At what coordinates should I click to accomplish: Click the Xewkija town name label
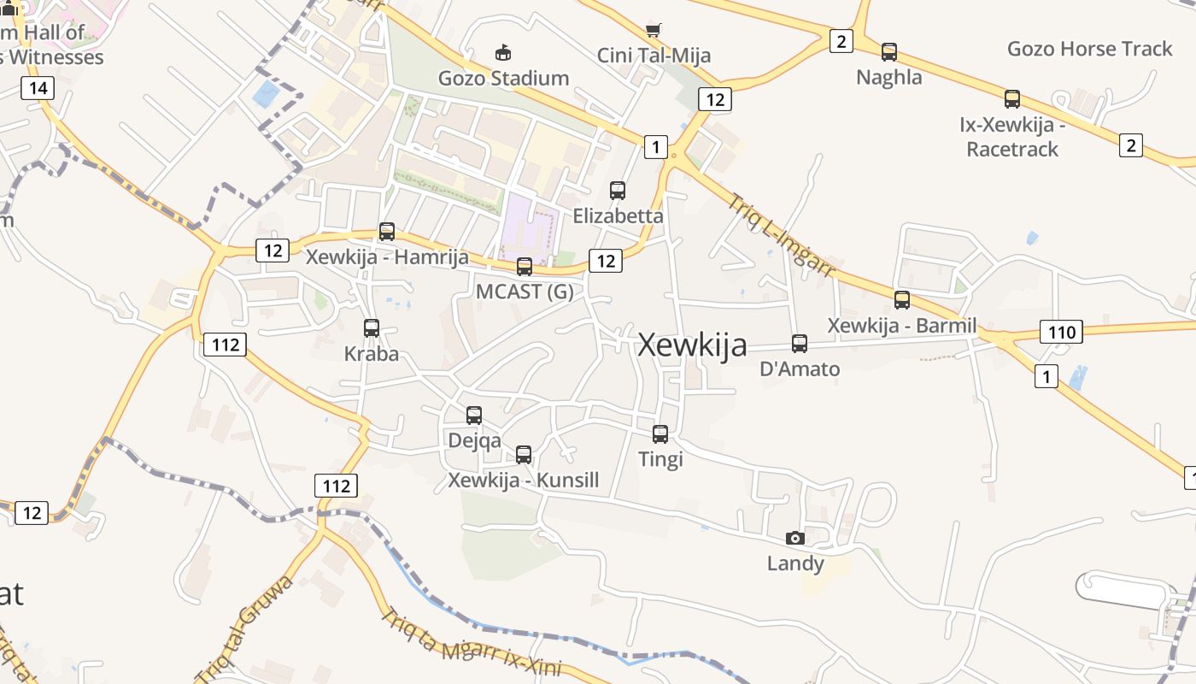click(x=692, y=345)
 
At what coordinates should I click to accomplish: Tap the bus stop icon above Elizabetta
click(x=618, y=191)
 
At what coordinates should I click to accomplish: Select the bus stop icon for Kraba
click(x=372, y=328)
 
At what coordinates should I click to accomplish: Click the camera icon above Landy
click(x=795, y=538)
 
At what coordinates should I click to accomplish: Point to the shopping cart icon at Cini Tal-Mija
click(x=654, y=31)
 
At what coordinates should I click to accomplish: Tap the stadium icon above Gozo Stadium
click(x=503, y=53)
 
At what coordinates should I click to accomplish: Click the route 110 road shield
click(x=1061, y=332)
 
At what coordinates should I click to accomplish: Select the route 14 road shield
click(x=38, y=87)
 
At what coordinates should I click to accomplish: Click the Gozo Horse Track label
click(x=1089, y=49)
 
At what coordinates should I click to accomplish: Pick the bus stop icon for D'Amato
click(x=800, y=344)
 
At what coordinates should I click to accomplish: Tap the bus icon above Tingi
click(x=660, y=434)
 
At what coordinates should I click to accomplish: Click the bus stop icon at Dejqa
click(x=474, y=416)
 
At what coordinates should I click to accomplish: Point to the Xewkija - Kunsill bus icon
click(x=524, y=455)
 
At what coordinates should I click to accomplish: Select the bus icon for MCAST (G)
click(x=525, y=267)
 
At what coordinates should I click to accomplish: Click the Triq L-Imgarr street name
click(x=781, y=235)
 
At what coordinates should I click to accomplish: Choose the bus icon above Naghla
click(x=889, y=52)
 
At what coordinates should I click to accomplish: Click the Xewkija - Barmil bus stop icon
click(x=902, y=300)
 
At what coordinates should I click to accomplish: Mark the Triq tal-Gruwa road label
click(x=245, y=628)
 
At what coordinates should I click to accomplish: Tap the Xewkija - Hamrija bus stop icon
click(x=387, y=232)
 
